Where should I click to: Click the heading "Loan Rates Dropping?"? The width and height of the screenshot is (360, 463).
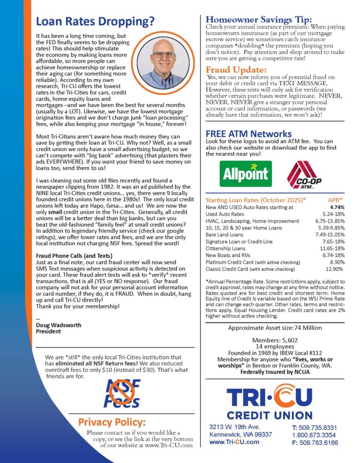point(95,22)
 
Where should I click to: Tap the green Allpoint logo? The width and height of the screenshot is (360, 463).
point(246,174)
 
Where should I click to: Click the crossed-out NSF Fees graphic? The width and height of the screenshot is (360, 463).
point(121,393)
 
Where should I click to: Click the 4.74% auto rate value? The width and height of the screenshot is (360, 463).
point(337,207)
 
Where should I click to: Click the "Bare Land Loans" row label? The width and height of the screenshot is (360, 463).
point(225,235)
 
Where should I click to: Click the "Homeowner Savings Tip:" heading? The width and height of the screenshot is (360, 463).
point(259,19)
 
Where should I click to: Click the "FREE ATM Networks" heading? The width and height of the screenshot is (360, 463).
point(248,134)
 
